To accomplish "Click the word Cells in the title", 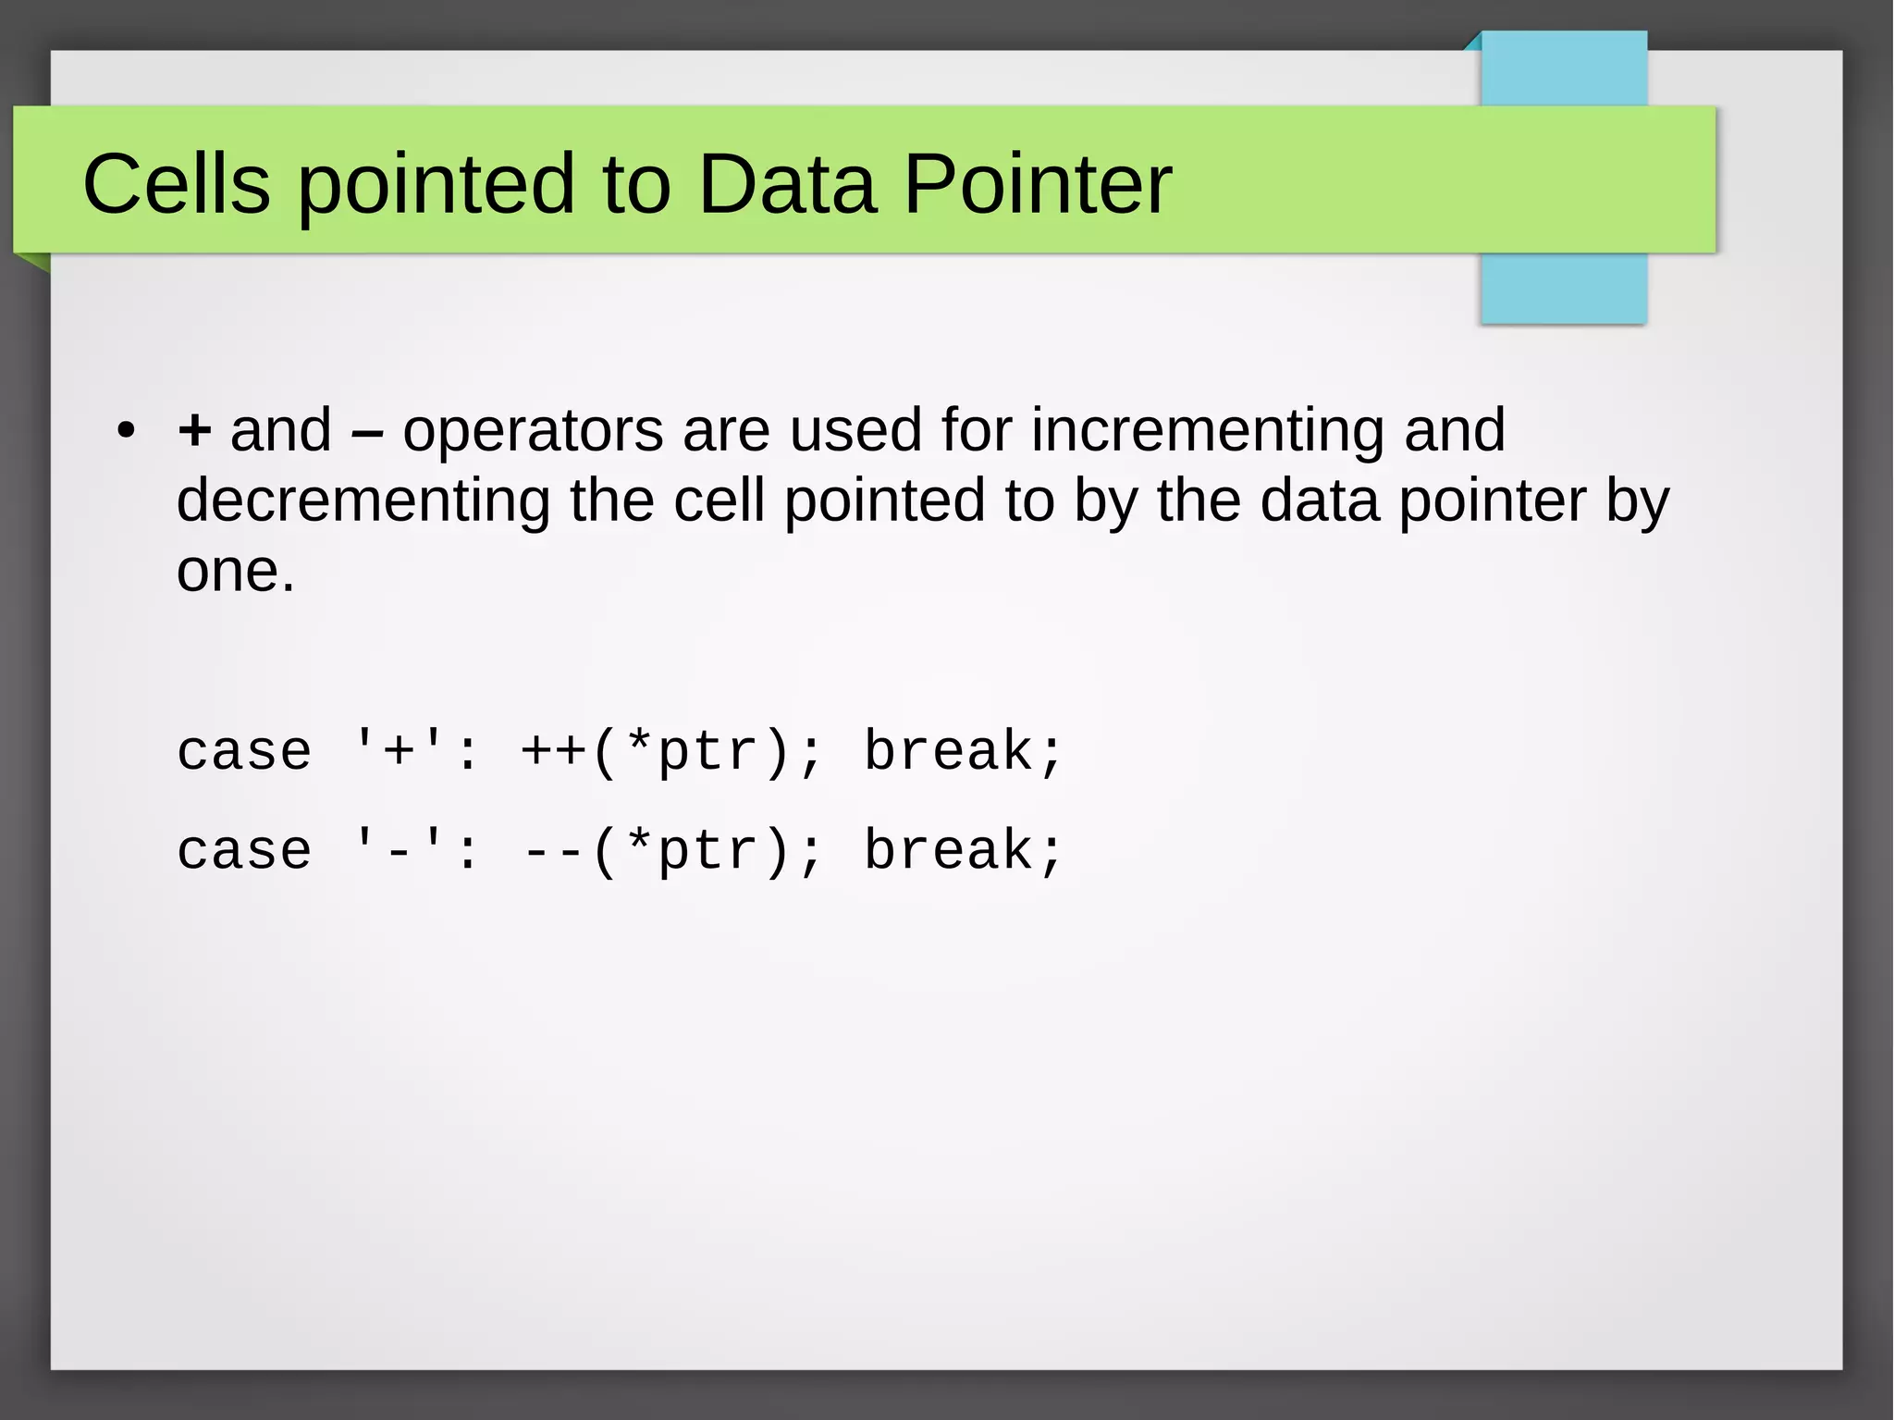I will point(177,184).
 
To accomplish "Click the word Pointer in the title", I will point(1037,184).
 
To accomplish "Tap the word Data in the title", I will point(786,184).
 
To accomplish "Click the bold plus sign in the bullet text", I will point(194,431).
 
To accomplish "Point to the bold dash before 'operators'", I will point(367,432).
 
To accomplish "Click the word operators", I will point(533,431).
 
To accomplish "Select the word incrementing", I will point(1207,431).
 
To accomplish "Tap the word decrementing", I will point(363,501).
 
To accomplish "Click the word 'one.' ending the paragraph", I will point(236,572).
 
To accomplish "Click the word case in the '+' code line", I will point(244,751).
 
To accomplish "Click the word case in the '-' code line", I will point(244,851).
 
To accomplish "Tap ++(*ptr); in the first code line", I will point(670,751).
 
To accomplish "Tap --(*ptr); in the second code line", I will point(670,851).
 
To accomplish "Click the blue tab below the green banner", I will point(1563,289).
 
